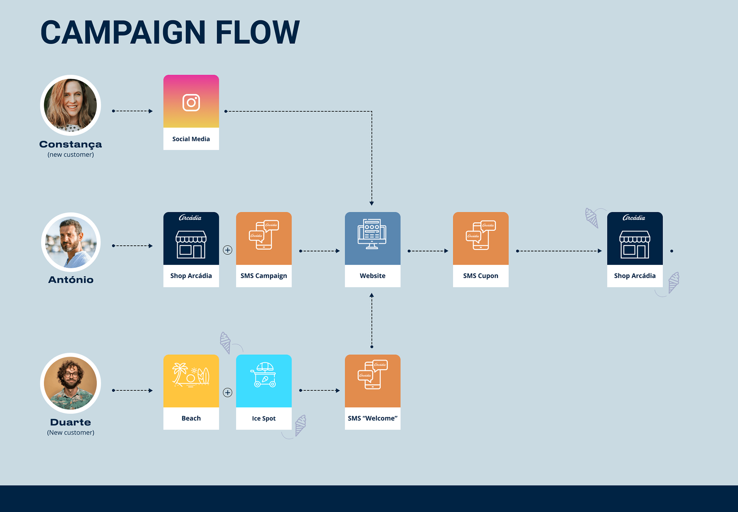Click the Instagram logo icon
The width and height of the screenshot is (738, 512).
191,103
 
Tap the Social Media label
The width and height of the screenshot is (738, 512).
191,139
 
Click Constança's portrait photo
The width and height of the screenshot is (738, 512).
71,105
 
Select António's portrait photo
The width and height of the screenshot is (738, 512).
71,242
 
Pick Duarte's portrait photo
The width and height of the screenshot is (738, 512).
71,383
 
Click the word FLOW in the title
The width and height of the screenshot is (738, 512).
257,32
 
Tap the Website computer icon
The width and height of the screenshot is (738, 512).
372,234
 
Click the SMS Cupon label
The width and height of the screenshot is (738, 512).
480,276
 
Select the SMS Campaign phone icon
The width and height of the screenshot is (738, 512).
264,235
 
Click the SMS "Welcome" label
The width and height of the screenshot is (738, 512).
372,419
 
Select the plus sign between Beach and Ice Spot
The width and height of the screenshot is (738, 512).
228,392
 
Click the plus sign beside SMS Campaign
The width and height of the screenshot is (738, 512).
228,250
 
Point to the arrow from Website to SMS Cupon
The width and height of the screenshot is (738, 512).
428,251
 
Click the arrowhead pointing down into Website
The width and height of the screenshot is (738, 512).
372,203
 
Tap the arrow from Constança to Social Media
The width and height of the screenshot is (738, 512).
132,111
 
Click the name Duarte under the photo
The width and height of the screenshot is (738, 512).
71,422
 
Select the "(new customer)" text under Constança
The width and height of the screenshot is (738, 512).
71,155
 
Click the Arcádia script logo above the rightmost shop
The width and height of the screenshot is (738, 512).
634,218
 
